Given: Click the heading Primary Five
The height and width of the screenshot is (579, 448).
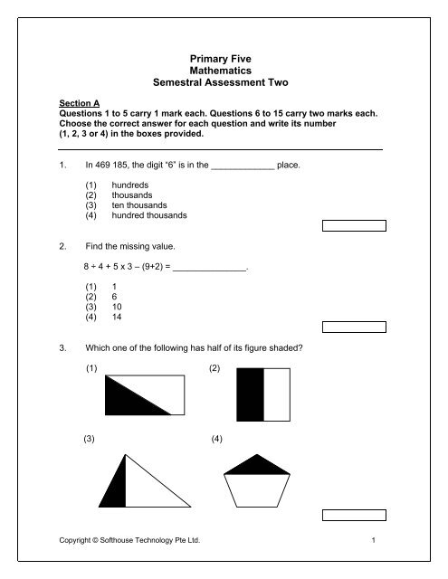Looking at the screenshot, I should (224, 57).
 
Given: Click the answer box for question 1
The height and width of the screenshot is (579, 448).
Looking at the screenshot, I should (355, 225).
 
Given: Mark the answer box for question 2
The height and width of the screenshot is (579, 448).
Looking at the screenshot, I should (355, 327).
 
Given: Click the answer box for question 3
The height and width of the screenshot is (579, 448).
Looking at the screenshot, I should (355, 515).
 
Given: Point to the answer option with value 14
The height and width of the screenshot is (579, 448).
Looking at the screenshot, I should (117, 318).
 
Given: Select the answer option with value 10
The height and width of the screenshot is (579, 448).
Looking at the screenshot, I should (117, 307).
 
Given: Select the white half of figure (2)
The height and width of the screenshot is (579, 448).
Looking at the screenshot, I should (277, 394).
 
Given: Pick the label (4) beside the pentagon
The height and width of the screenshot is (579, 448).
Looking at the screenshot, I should (215, 439).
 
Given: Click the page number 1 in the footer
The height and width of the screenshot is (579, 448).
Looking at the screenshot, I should (374, 540).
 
